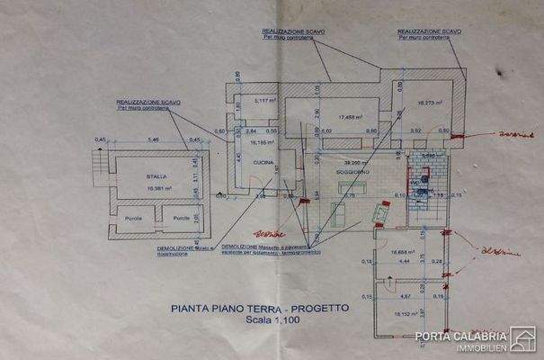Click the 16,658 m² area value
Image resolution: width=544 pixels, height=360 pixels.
(407, 253)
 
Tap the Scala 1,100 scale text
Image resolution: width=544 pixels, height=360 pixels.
(261, 319)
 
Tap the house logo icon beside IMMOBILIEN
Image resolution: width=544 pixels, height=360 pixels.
(522, 338)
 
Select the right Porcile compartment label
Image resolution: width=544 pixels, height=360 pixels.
(181, 218)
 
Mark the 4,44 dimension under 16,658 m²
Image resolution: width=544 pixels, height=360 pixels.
(405, 262)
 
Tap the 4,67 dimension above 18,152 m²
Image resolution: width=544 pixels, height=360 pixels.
(405, 294)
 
